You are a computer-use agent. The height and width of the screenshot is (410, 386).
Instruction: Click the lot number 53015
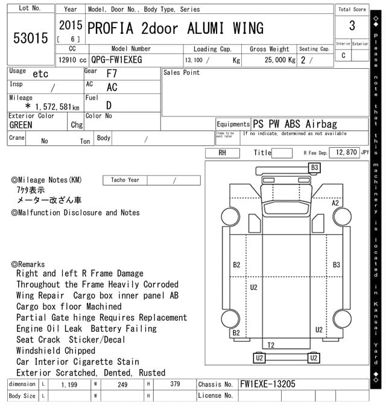tap(31, 38)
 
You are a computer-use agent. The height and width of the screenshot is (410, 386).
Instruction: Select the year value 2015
tap(71, 25)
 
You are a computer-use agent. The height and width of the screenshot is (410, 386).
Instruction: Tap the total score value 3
tap(352, 25)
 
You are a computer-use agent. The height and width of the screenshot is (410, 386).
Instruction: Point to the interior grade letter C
tap(343, 55)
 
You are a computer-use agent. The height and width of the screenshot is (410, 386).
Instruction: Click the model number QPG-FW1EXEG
tap(116, 60)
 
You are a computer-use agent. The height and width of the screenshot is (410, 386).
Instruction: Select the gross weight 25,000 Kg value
tap(280, 60)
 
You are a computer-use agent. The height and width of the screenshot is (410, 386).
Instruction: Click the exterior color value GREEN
tap(21, 125)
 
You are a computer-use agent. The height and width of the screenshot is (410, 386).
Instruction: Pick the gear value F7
tap(112, 74)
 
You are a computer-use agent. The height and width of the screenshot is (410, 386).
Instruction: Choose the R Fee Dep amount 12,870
tap(346, 152)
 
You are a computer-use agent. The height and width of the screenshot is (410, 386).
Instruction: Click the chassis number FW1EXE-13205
tap(268, 384)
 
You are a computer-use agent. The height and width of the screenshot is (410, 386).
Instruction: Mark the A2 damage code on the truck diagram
tap(335, 203)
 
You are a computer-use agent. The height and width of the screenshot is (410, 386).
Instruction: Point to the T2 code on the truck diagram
tap(271, 345)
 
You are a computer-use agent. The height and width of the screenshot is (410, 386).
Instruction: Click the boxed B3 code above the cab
tap(314, 168)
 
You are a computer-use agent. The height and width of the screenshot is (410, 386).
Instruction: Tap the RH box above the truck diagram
tap(223, 153)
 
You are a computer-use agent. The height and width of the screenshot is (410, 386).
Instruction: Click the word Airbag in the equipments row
tap(321, 124)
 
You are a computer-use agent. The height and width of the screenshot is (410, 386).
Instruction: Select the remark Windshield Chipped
tap(55, 350)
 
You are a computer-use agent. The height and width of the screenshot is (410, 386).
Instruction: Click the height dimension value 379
tap(175, 384)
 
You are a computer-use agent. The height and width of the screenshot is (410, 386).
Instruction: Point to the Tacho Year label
tap(125, 180)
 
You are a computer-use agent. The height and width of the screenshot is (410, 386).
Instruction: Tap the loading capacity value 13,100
tap(194, 60)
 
